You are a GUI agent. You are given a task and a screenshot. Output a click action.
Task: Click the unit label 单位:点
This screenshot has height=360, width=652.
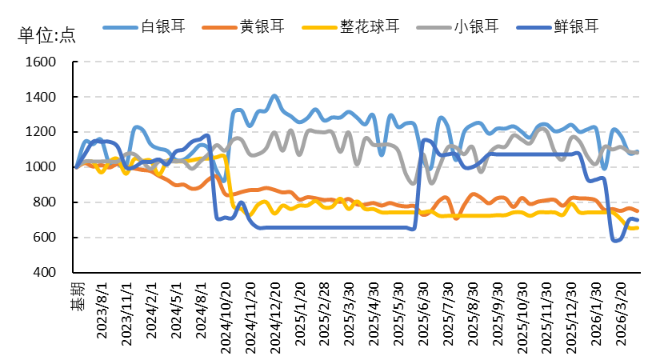click(x=46, y=35)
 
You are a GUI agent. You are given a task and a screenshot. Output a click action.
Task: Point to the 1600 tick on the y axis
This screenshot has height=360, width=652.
click(x=40, y=62)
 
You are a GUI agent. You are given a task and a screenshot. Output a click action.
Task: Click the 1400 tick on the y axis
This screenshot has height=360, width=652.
click(x=40, y=98)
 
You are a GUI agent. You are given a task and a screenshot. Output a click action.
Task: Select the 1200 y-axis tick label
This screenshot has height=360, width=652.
click(x=40, y=132)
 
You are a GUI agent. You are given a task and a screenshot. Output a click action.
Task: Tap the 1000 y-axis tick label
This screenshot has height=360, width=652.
click(x=40, y=167)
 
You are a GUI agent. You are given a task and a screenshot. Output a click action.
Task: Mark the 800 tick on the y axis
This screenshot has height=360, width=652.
click(x=44, y=202)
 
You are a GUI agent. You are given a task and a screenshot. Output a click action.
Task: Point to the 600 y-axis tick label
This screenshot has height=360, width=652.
click(x=44, y=238)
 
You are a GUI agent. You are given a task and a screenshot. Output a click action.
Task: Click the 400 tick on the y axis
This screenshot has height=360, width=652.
click(x=44, y=273)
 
